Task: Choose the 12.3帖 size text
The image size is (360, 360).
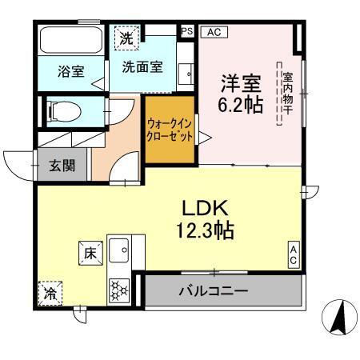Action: pos(205,231)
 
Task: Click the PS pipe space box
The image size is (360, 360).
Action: pos(186,31)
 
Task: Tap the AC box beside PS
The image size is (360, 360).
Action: pos(213,32)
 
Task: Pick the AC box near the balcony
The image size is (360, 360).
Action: pos(294,255)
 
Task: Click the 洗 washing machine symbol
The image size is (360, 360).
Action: pos(127,37)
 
